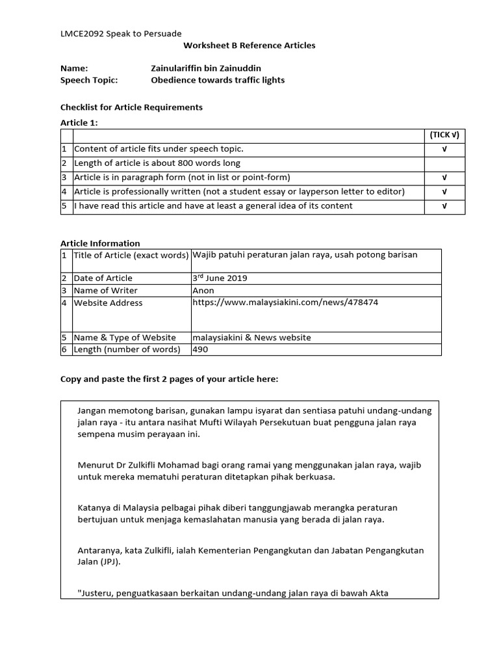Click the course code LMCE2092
point(81,33)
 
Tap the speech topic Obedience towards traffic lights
point(218,80)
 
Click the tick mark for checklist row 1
point(444,149)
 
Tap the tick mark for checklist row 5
point(444,206)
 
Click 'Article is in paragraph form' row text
point(182,178)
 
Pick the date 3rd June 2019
point(220,278)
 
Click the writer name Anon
point(202,291)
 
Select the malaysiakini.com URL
point(285,302)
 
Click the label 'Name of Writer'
point(105,291)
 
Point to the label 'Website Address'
point(108,302)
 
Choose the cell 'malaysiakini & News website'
point(251,338)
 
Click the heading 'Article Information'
point(100,243)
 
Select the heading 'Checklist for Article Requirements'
point(131,107)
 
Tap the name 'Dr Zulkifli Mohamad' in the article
point(155,465)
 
